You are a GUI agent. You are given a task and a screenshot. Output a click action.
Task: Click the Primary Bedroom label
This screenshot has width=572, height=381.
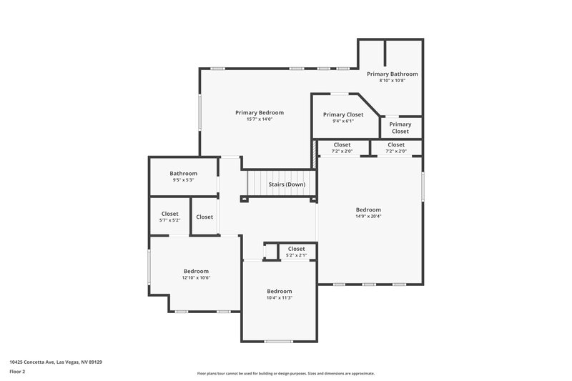click(260, 112)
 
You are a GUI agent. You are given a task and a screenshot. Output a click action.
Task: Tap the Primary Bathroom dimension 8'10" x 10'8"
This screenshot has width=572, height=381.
click(392, 81)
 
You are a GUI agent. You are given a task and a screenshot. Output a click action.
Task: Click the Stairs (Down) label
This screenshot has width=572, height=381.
click(287, 184)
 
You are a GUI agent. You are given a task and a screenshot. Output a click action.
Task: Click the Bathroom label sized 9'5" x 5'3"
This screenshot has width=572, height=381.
click(183, 174)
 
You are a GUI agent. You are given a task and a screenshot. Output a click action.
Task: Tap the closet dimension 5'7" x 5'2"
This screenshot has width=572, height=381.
click(169, 220)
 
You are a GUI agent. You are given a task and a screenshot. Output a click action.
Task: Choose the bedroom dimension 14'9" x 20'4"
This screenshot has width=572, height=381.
click(368, 216)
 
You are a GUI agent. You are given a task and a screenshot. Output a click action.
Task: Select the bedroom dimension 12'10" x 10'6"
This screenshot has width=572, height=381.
click(196, 277)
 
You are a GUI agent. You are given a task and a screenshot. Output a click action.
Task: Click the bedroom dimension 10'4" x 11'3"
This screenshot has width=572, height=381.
click(280, 297)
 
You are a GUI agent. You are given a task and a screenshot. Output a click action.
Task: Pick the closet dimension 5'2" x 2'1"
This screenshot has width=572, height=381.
click(296, 255)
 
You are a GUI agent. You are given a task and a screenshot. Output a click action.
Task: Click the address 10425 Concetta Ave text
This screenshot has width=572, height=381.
click(56, 362)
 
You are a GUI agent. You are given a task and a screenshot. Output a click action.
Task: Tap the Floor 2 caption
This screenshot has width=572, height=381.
click(18, 372)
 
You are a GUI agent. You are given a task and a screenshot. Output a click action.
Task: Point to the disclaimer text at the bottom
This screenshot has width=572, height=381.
click(286, 373)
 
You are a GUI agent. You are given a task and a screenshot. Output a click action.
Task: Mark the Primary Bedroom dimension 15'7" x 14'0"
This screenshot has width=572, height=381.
click(260, 119)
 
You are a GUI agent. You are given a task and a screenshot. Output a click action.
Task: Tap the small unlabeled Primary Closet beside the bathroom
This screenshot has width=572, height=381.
click(400, 127)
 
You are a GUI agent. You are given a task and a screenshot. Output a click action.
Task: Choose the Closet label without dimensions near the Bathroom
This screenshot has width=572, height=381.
click(204, 217)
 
